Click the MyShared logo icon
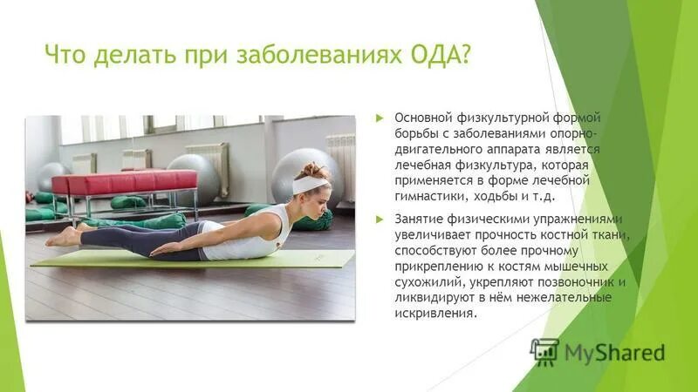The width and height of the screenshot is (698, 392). (x=544, y=351)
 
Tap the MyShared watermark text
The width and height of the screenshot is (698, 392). (x=614, y=353)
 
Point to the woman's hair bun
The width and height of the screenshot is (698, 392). (x=314, y=168)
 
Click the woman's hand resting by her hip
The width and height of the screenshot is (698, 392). (x=166, y=250)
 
